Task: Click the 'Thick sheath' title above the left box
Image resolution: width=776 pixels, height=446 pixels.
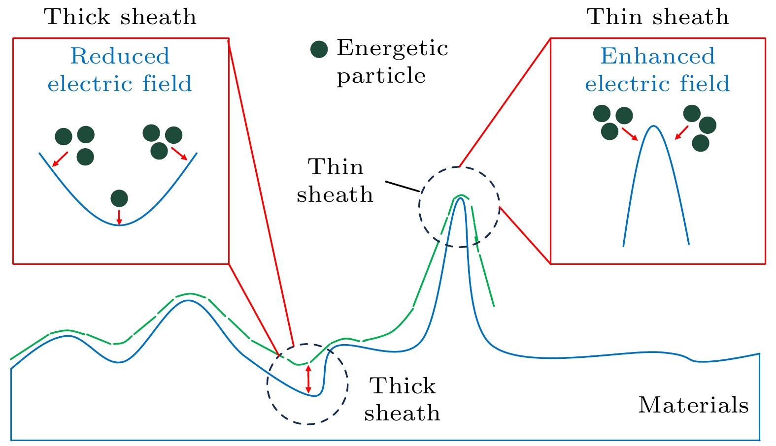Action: pyautogui.click(x=120, y=17)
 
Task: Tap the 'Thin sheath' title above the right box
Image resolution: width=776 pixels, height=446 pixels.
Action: pyautogui.click(x=658, y=17)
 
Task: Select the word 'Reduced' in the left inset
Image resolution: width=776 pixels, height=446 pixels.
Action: pyautogui.click(x=120, y=56)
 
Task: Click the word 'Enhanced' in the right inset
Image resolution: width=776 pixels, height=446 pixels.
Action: pyautogui.click(x=657, y=56)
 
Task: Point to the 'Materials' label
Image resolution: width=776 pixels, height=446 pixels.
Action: pyautogui.click(x=693, y=405)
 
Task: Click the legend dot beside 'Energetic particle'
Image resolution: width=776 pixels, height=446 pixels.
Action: pyautogui.click(x=319, y=49)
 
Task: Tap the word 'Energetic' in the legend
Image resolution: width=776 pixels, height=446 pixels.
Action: pyautogui.click(x=392, y=48)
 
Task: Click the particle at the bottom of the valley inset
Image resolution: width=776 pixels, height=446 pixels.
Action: pyautogui.click(x=119, y=198)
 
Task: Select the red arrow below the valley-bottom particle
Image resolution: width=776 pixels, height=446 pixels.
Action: pyautogui.click(x=119, y=217)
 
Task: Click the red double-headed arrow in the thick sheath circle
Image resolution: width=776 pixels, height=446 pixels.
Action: pyautogui.click(x=309, y=379)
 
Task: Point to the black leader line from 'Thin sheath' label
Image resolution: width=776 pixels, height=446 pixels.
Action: pyautogui.click(x=402, y=187)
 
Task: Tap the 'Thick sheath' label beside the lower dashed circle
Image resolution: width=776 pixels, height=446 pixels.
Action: pyautogui.click(x=402, y=399)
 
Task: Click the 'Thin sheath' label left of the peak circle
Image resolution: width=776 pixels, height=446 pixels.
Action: pyautogui.click(x=335, y=181)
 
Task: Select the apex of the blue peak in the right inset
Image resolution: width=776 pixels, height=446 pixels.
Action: pyautogui.click(x=653, y=127)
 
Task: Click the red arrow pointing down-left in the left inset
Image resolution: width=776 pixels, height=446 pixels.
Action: pyautogui.click(x=60, y=159)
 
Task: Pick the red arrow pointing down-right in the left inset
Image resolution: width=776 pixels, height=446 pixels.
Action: pyautogui.click(x=179, y=153)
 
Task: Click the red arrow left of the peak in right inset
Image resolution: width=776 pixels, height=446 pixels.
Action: pyautogui.click(x=630, y=134)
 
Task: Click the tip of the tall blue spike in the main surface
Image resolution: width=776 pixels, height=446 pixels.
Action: pyautogui.click(x=461, y=198)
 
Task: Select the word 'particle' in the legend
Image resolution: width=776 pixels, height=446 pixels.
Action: pyautogui.click(x=381, y=76)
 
